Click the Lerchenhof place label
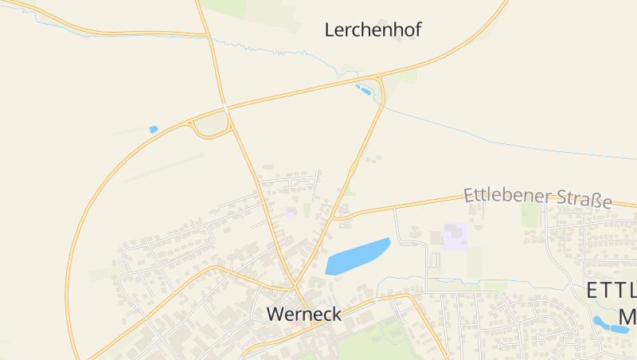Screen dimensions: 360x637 [373, 30]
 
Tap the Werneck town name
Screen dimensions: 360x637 [304, 314]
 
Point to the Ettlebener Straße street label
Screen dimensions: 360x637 [537, 197]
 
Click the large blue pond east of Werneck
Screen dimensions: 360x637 [357, 256]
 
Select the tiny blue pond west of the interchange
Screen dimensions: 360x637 [154, 129]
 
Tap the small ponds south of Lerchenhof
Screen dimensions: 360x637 [364, 88]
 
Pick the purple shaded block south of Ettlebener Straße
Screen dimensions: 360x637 [455, 237]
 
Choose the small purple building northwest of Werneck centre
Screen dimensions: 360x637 [291, 211]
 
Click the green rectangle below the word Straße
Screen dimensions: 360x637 [530, 213]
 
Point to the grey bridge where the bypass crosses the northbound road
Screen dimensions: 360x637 [225, 108]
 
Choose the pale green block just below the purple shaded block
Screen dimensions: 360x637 [475, 261]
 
